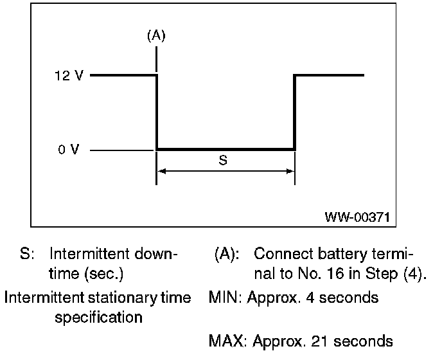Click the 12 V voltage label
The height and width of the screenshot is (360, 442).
coord(68,75)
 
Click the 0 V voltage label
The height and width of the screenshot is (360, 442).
coord(68,150)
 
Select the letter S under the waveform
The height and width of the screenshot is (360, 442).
coord(223,161)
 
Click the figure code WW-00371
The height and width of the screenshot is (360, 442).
coord(357,217)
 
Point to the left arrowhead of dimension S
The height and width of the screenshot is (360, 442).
coord(162,171)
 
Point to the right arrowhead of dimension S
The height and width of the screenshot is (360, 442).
coord(290,171)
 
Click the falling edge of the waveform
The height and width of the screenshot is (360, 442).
coord(157,113)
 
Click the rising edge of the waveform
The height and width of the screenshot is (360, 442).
coord(295,113)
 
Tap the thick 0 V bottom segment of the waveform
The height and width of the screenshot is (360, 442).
coord(225,149)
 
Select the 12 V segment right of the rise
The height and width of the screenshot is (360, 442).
coord(330,75)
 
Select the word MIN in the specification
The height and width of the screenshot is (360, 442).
coord(222,298)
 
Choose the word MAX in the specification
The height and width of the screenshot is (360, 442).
coord(223,341)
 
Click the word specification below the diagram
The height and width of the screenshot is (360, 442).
coord(98,318)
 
